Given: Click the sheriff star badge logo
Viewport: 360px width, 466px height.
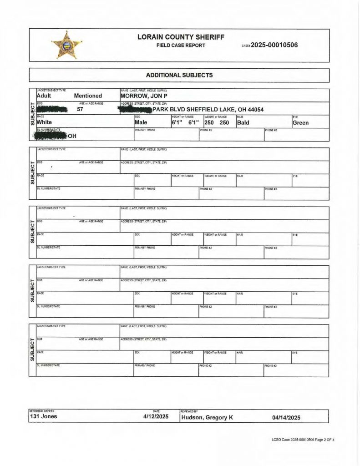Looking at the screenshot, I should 66,45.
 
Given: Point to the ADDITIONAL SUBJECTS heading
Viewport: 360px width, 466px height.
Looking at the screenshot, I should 179,75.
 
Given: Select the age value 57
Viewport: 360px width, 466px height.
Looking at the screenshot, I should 80,109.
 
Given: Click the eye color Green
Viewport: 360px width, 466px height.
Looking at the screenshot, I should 300,122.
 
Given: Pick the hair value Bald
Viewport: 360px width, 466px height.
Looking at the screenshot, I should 243,122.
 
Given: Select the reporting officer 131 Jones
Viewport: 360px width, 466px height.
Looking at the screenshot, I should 44,416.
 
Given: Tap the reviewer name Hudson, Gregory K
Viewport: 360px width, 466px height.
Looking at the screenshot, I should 207,417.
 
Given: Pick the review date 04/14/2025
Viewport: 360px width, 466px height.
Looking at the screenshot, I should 286,417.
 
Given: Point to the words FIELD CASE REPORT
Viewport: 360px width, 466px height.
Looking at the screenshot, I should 181,46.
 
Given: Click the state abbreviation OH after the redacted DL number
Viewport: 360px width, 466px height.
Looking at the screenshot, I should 71,136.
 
